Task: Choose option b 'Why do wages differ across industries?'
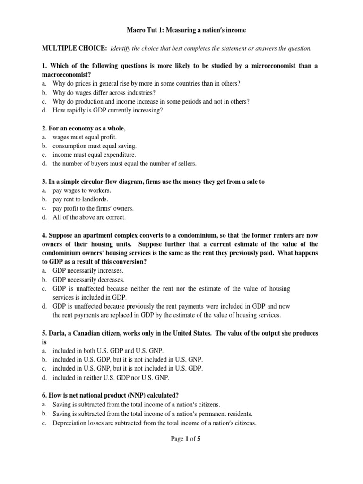[x=104, y=92]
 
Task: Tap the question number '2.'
[x=45, y=128]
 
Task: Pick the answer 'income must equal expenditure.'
[x=94, y=155]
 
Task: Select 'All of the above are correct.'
[x=89, y=217]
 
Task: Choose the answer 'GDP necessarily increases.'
[x=88, y=271]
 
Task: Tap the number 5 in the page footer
[x=199, y=439]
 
